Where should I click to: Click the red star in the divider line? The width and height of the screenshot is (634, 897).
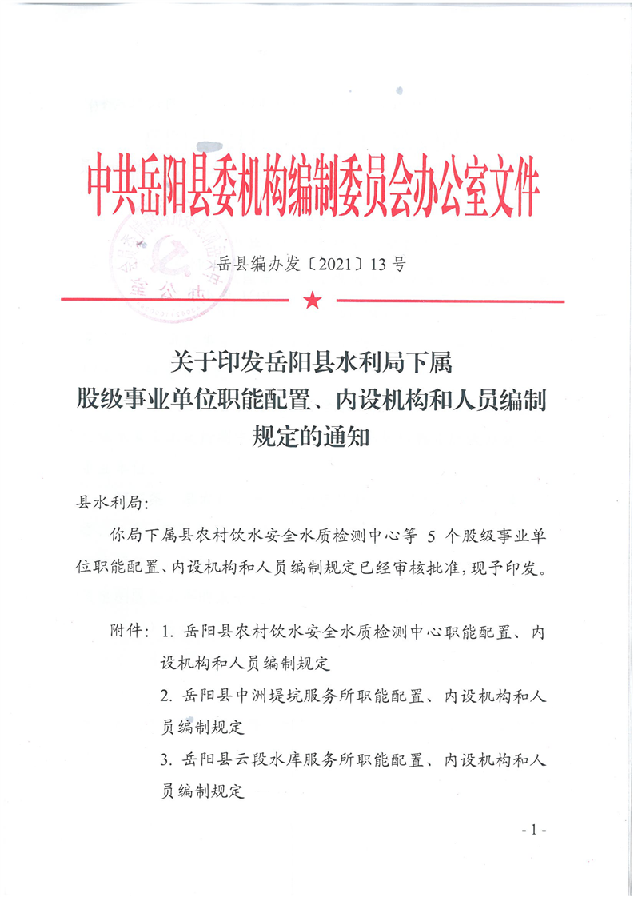pyautogui.click(x=312, y=301)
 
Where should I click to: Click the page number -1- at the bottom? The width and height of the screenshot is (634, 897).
pyautogui.click(x=532, y=831)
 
